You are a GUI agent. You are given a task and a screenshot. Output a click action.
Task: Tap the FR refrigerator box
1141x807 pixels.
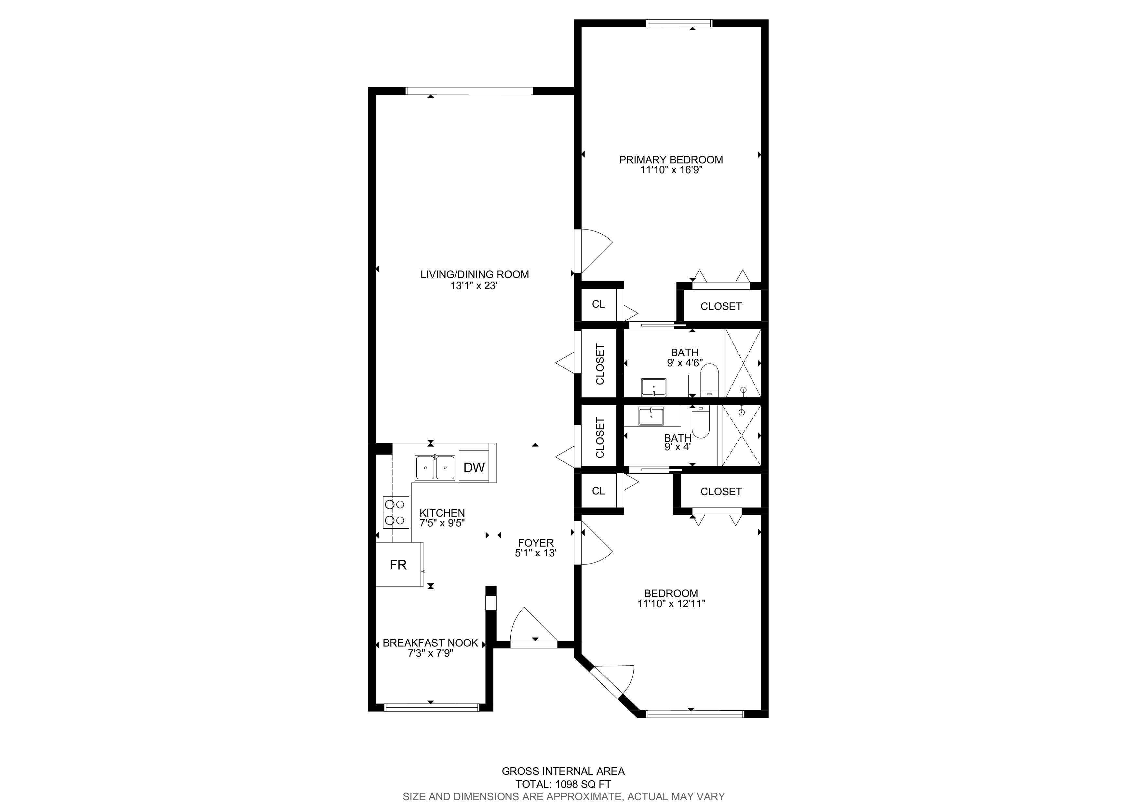coord(398,564)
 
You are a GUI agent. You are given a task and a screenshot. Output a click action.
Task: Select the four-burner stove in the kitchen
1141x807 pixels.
coord(396,512)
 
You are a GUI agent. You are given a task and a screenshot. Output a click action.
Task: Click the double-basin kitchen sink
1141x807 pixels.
coord(435,467)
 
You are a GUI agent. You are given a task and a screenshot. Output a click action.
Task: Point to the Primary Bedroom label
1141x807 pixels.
coord(671,160)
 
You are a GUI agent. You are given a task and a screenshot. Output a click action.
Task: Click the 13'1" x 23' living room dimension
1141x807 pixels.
coord(474,286)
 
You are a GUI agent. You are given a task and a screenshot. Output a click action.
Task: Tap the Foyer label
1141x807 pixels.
coord(536,543)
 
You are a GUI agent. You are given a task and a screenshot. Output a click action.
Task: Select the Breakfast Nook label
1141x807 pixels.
coord(430,643)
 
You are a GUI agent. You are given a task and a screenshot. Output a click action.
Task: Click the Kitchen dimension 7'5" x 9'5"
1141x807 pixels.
coord(442,523)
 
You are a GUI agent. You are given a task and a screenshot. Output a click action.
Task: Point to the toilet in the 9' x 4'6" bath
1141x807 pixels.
coord(709,380)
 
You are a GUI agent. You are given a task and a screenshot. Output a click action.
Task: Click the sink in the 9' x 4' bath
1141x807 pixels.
coord(651,416)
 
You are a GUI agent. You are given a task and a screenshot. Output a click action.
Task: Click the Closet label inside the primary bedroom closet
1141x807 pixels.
coord(721,306)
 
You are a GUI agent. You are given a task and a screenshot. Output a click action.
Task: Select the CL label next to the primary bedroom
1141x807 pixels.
coord(598,304)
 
